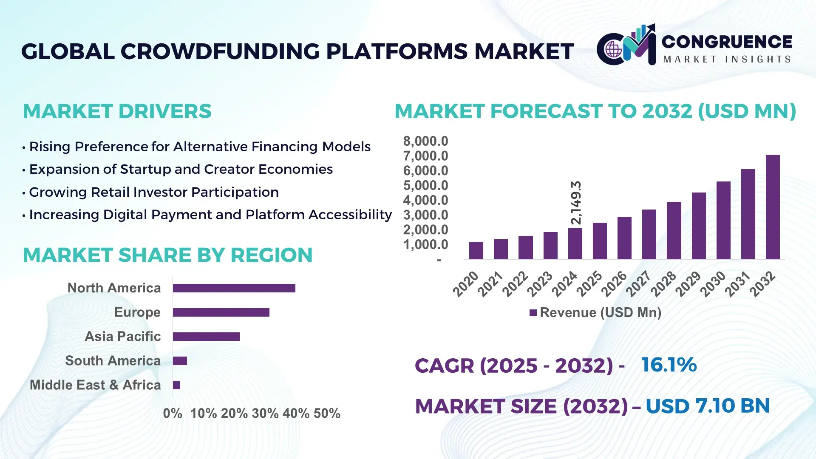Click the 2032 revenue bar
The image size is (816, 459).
[773, 207]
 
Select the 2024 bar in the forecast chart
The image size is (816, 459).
[575, 244]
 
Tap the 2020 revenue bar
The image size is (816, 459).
[476, 250]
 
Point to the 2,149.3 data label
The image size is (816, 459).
[576, 203]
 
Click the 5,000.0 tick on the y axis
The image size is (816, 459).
[425, 185]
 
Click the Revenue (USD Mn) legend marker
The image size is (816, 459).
[533, 313]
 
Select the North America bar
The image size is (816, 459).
[234, 288]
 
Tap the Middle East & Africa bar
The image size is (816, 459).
[176, 385]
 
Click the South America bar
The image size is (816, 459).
[180, 361]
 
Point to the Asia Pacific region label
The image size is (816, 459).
[122, 336]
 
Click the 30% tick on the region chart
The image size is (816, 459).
[265, 413]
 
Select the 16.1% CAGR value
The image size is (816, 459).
[669, 365]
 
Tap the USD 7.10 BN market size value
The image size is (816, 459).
[708, 406]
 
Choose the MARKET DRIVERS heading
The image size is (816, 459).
[117, 111]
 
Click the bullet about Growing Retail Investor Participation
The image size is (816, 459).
[153, 192]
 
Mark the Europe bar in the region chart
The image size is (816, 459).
[221, 312]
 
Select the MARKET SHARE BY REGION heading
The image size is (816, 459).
[167, 255]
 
